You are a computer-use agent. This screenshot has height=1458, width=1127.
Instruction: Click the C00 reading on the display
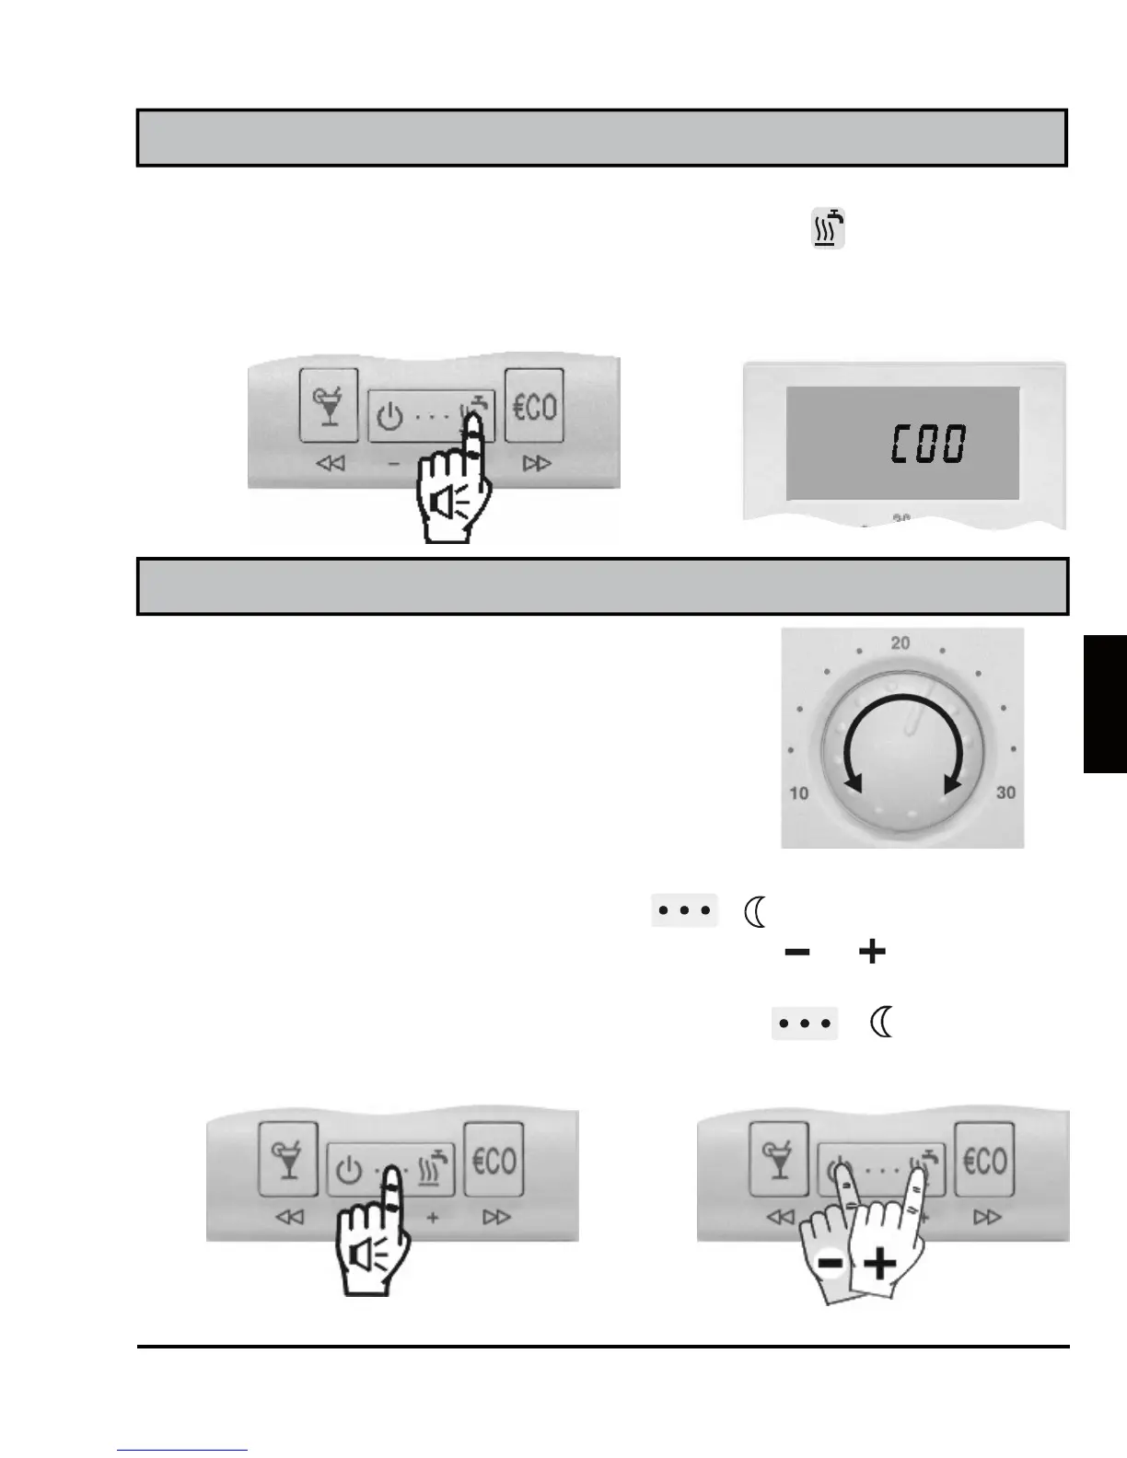coord(927,445)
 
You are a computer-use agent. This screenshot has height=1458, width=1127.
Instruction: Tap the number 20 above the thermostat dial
coord(900,642)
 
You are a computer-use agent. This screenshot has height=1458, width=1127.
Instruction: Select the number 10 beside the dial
coord(798,793)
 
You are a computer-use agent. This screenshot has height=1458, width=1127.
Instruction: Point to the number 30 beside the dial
coord(1006,793)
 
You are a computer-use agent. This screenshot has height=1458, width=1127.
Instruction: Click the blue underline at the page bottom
coord(182,1450)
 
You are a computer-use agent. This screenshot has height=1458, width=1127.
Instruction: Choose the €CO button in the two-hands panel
coord(985,1162)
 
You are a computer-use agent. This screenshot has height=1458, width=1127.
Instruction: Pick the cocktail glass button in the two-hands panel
coord(779,1162)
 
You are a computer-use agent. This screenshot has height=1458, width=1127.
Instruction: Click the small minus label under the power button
coord(394,465)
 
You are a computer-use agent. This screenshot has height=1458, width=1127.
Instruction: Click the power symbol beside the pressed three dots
coord(348,1171)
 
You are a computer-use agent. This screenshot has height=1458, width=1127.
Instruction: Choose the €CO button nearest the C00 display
coord(534,407)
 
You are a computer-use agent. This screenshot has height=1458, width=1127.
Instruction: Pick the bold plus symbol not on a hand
coord(871,952)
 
